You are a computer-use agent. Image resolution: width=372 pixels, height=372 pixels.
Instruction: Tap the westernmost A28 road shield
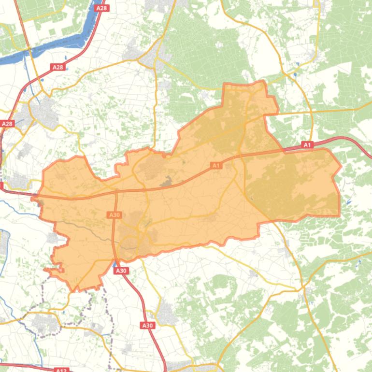[7, 124]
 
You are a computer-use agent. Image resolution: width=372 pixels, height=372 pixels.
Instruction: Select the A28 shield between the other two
[57, 67]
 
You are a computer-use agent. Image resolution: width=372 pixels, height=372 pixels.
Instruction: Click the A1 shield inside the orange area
[216, 166]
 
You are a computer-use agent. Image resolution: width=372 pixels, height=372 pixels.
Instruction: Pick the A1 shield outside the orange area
[307, 144]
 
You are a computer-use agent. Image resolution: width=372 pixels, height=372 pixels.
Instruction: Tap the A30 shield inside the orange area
[114, 215]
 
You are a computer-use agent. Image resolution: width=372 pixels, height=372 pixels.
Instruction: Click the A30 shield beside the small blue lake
[121, 271]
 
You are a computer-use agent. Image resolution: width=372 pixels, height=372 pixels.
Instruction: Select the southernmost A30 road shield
[147, 326]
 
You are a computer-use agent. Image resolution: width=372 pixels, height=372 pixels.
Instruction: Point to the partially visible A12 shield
[61, 370]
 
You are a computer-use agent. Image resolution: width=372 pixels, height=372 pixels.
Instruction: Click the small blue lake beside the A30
[114, 265]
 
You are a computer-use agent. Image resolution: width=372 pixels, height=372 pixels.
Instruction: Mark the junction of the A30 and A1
[116, 192]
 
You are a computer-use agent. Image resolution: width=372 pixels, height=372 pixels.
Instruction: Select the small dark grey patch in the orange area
[167, 182]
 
